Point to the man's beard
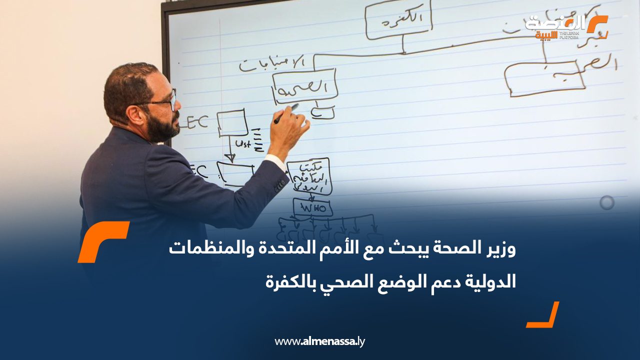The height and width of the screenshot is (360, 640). coord(162,128)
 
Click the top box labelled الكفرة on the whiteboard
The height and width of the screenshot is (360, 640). coord(398,21)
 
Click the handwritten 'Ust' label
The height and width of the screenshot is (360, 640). coord(243,144)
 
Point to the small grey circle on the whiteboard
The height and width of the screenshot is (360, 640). coord(607,202)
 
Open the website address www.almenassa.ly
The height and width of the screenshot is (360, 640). coord(320,342)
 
